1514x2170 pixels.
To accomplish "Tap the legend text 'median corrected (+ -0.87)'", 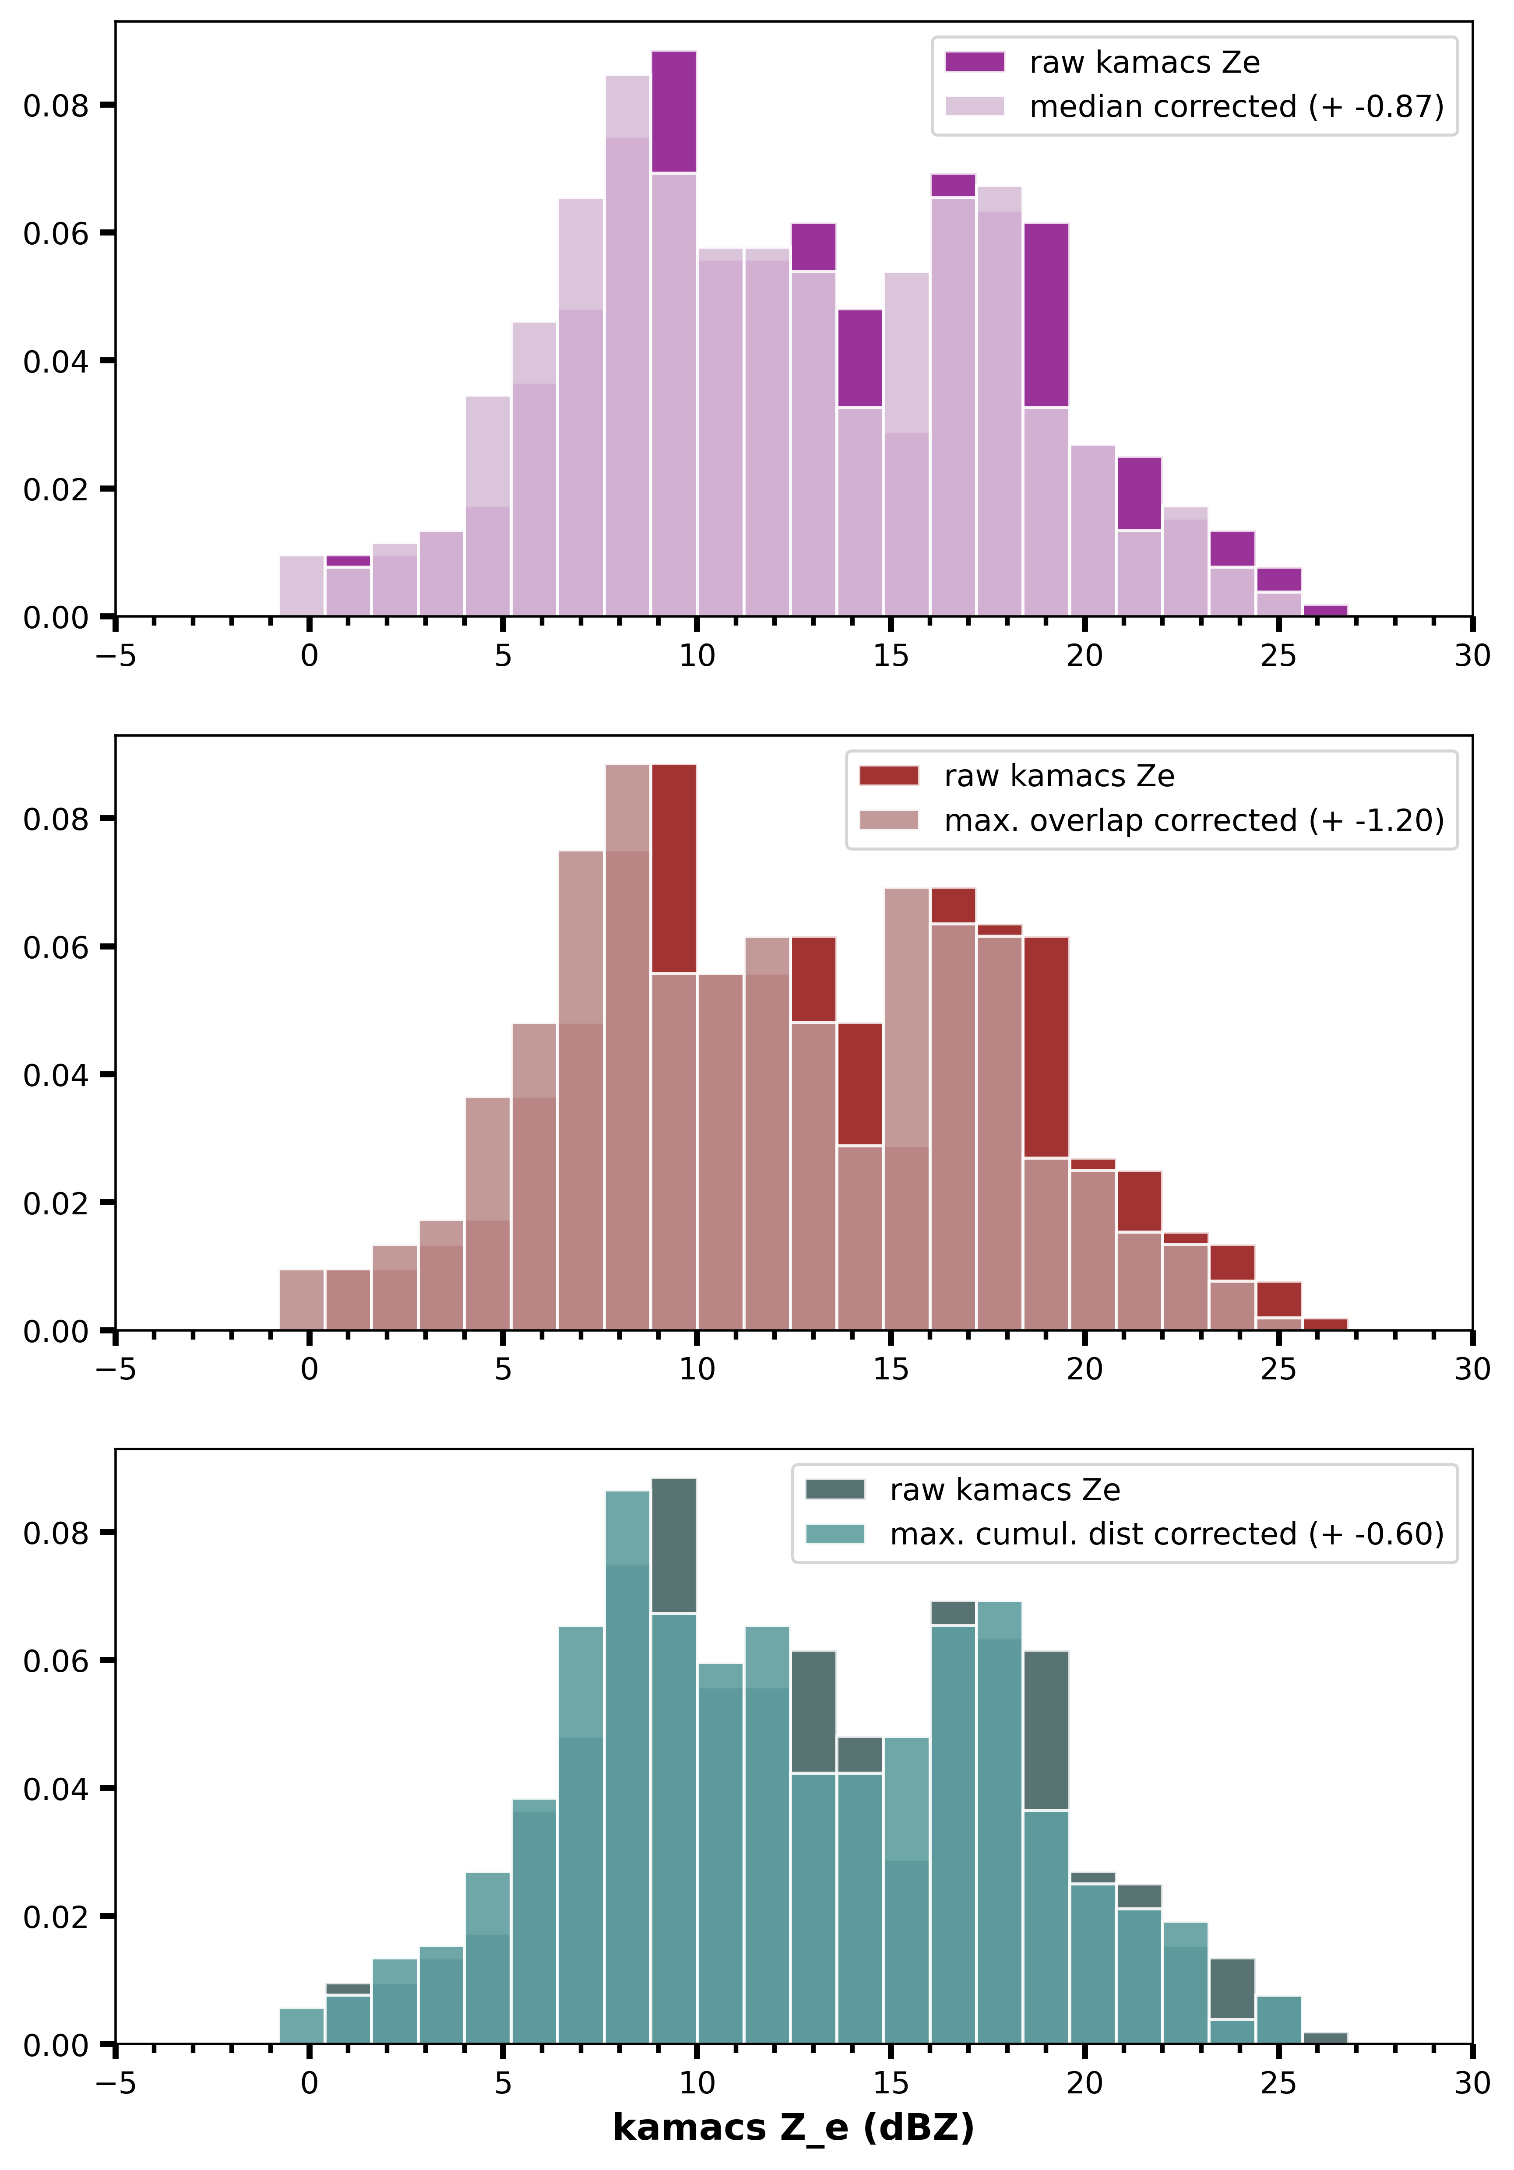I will pyautogui.click(x=1236, y=107).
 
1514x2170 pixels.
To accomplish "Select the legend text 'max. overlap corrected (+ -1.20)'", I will pyautogui.click(x=1194, y=820).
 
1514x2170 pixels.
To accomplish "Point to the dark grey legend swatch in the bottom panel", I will pyautogui.click(x=834, y=1490).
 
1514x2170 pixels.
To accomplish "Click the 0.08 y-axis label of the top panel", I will pyautogui.click(x=55, y=105).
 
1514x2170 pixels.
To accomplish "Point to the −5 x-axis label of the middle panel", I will pyautogui.click(x=115, y=1369).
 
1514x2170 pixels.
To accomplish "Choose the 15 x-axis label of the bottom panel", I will pyautogui.click(x=890, y=2083).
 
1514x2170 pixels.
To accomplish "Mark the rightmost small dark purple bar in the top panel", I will pyautogui.click(x=1325, y=611).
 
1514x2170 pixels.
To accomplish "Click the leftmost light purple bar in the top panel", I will pyautogui.click(x=302, y=586).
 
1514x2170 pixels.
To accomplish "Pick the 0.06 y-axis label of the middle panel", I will pyautogui.click(x=55, y=947).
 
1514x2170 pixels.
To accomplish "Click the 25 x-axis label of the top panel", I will pyautogui.click(x=1278, y=656).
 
